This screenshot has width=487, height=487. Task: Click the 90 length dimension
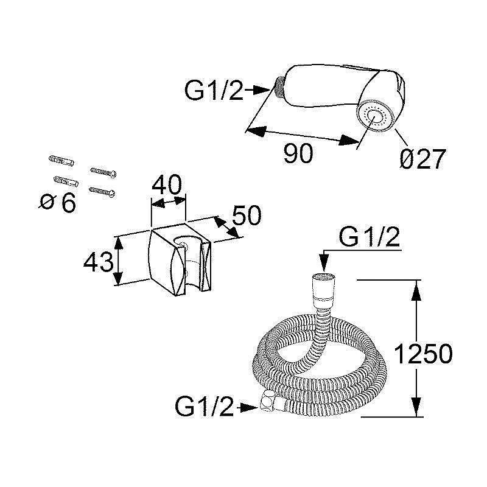tap(298, 153)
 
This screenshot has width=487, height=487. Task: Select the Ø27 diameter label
tap(422, 159)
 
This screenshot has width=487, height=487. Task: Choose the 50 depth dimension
tap(247, 215)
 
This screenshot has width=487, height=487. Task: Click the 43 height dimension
tap(99, 262)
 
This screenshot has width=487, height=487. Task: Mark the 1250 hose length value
tap(423, 354)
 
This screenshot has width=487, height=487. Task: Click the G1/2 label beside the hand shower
tap(214, 90)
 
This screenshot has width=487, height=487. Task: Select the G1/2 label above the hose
tap(370, 238)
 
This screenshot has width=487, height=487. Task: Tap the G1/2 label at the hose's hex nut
tap(204, 407)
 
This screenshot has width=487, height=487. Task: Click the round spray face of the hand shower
tap(376, 117)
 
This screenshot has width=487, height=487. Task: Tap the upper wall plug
tap(61, 161)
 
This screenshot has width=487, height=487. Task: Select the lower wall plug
tap(66, 181)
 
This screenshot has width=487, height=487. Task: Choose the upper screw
tap(103, 172)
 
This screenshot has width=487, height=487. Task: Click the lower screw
tap(102, 191)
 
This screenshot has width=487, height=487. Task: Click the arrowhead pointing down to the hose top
tap(324, 264)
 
